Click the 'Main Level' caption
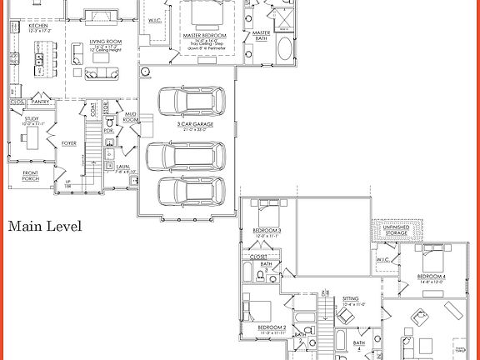45,226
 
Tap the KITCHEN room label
38,27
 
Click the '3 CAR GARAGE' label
190,123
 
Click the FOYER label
69,143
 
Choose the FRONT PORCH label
30,175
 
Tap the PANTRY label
40,102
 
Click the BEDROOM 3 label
268,230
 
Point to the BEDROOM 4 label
431,276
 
